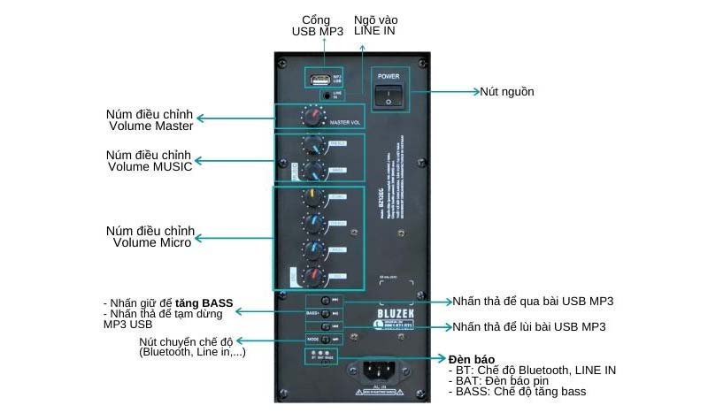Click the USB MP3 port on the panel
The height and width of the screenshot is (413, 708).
coord(320,78)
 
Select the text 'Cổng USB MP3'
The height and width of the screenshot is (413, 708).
coord(316,26)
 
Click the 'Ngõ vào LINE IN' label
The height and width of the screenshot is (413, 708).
coord(375,24)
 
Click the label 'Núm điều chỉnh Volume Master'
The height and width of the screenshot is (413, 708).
coord(149,119)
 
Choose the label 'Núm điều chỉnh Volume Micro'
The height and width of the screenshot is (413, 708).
coord(149,237)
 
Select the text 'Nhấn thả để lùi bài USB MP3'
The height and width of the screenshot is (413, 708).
coord(529,326)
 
